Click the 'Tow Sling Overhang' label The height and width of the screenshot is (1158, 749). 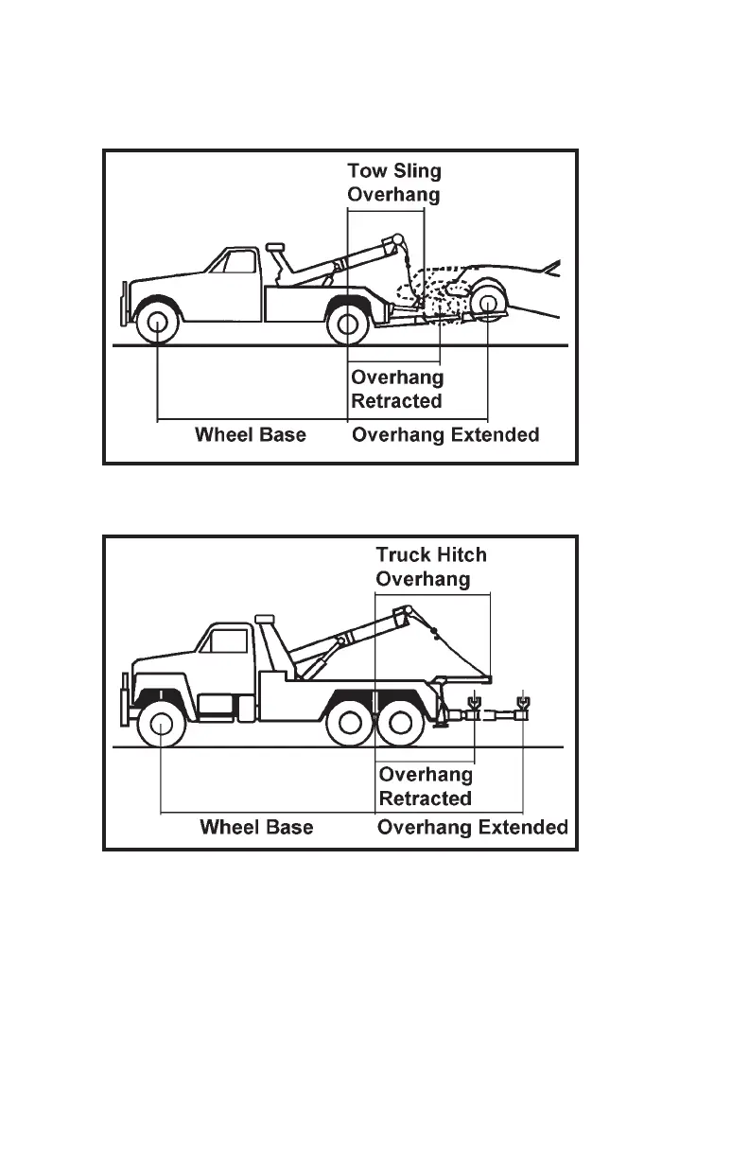tap(394, 183)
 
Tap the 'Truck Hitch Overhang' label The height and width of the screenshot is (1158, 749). tap(431, 566)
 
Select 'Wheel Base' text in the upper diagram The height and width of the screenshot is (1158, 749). tap(251, 435)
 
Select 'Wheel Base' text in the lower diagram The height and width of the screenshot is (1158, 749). tap(256, 828)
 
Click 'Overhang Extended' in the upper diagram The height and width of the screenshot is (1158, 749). tap(445, 435)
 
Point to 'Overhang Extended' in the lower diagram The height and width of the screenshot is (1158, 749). tap(473, 828)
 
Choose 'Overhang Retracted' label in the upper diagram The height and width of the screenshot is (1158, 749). tap(397, 389)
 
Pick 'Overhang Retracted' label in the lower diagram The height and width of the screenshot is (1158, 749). tap(426, 786)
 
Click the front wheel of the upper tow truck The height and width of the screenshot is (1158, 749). tap(157, 324)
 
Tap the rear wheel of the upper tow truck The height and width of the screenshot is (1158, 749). tap(347, 324)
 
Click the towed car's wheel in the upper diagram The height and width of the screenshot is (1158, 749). tap(488, 305)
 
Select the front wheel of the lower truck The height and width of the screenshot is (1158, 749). tap(161, 727)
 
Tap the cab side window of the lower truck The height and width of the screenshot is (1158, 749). tap(227, 642)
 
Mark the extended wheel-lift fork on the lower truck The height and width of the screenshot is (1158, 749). tap(522, 705)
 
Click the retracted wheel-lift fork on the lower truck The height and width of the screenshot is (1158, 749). tap(474, 705)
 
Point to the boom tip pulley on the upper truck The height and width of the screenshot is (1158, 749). tap(399, 238)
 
